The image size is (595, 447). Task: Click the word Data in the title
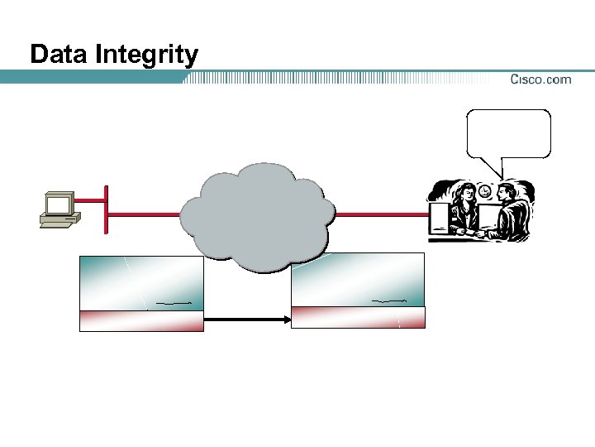[x=59, y=55]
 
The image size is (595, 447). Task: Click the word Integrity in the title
[x=147, y=56]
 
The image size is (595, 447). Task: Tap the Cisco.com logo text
[x=540, y=79]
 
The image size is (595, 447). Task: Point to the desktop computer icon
[x=59, y=209]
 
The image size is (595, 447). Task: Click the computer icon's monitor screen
[x=58, y=204]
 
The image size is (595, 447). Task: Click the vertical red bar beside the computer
[x=106, y=210]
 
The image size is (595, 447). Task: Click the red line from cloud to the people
[x=380, y=214]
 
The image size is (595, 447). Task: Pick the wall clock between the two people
[x=485, y=192]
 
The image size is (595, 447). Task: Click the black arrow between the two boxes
[x=246, y=318]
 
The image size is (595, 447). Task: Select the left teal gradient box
[x=141, y=282]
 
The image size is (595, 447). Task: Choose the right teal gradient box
[x=358, y=280]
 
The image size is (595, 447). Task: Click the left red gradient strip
[x=141, y=320]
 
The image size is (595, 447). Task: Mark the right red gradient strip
[x=358, y=317]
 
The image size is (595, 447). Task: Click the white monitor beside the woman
[x=439, y=219]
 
